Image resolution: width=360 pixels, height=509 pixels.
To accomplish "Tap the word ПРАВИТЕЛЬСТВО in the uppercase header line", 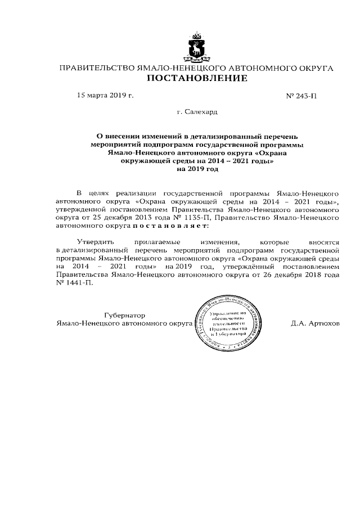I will pos(93,68).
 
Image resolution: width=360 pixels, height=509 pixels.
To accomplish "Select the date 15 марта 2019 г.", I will pos(105,96).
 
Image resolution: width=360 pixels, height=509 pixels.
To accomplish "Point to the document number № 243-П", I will pos(301,96).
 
